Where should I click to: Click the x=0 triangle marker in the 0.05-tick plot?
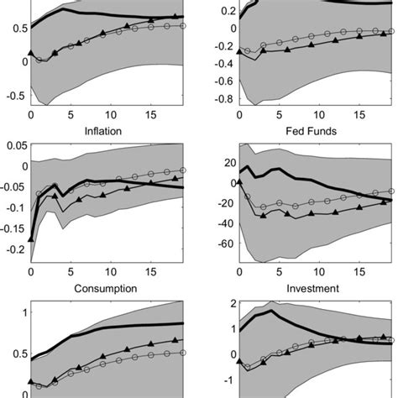tap(31, 239)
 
